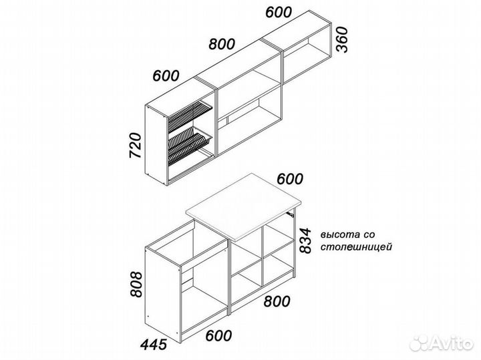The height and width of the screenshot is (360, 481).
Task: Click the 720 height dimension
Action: tap(135, 146)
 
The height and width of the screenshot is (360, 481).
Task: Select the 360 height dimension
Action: tap(342, 40)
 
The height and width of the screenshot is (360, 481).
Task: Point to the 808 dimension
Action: tap(136, 285)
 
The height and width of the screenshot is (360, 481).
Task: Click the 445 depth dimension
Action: tap(154, 345)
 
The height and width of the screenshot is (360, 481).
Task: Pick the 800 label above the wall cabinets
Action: tap(222, 44)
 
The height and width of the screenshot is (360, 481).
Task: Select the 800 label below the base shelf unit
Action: tap(277, 301)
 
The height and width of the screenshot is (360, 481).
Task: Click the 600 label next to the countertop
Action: tap(290, 179)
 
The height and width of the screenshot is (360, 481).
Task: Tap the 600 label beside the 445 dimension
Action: tap(218, 335)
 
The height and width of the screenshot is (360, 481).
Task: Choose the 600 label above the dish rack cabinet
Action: tap(166, 75)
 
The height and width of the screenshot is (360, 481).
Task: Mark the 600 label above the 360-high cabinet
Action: tap(278, 12)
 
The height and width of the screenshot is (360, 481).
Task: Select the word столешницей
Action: tap(357, 247)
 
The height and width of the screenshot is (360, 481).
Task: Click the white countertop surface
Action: tap(244, 206)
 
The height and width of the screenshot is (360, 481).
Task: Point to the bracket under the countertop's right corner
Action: tap(291, 214)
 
